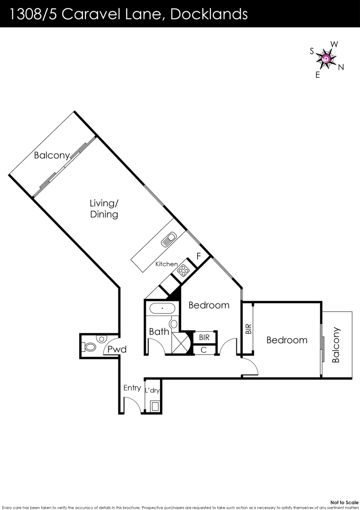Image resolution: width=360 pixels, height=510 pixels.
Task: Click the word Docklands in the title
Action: (x=209, y=14)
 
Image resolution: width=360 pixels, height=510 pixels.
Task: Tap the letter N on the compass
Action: (x=341, y=68)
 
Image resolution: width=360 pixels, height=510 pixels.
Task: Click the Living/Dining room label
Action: (x=104, y=209)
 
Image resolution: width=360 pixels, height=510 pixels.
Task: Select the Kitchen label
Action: (x=167, y=264)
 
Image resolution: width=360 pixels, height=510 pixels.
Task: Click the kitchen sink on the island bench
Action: (x=169, y=239)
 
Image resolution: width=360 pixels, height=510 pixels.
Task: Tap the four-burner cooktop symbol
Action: (x=183, y=271)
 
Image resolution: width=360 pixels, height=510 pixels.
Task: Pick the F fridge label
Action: (x=199, y=257)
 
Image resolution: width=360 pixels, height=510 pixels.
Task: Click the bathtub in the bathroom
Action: (x=162, y=309)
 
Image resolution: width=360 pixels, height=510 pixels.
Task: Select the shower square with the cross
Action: (x=181, y=343)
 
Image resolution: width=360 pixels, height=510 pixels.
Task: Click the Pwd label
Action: (x=116, y=349)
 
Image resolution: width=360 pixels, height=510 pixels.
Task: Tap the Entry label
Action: (x=132, y=388)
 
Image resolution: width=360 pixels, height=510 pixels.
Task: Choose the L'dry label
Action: (x=152, y=390)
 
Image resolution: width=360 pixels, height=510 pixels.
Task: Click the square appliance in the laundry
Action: (x=154, y=406)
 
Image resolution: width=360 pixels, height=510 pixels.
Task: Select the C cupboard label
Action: (x=203, y=350)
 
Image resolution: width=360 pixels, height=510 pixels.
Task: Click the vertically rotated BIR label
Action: (x=249, y=329)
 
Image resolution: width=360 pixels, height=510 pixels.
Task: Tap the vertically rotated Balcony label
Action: (x=335, y=345)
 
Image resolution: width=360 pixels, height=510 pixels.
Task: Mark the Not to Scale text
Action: (x=345, y=502)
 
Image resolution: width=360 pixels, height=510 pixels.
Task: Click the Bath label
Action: (x=159, y=331)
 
